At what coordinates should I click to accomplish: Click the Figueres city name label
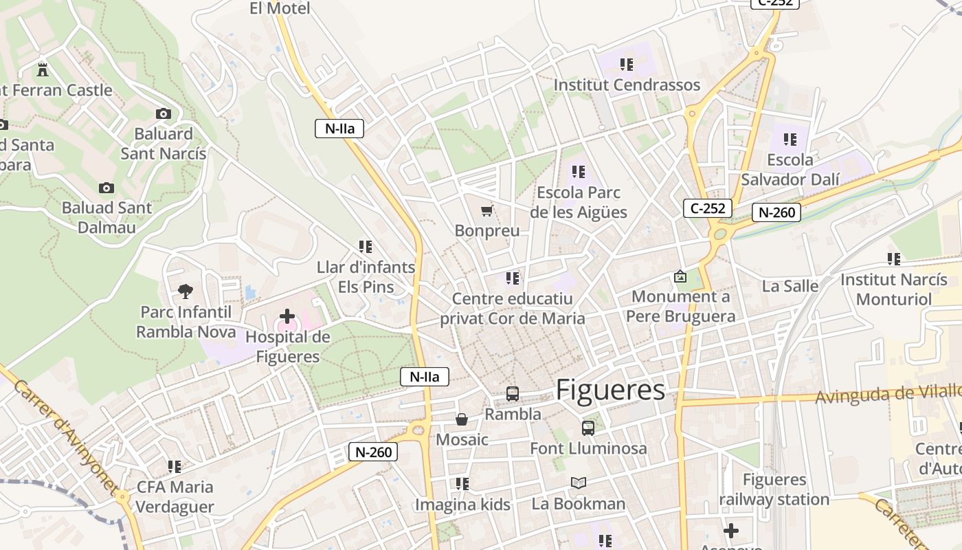(x=610, y=390)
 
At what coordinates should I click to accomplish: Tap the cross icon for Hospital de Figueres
(x=287, y=317)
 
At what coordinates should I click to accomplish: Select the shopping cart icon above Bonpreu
(x=487, y=211)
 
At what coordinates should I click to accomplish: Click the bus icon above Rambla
(x=513, y=394)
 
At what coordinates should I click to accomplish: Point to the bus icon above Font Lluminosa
(x=588, y=428)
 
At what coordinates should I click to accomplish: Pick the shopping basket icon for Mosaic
(x=462, y=419)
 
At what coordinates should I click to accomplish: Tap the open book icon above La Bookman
(x=579, y=483)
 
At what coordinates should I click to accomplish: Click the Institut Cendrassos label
(x=627, y=85)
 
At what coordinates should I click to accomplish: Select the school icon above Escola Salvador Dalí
(x=790, y=140)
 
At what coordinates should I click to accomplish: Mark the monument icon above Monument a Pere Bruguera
(x=680, y=276)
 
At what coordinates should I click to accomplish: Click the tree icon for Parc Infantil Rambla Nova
(x=185, y=291)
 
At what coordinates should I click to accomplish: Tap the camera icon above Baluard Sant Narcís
(x=164, y=113)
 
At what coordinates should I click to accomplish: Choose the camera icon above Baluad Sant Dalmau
(x=106, y=188)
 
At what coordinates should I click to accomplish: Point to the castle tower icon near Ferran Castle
(x=43, y=69)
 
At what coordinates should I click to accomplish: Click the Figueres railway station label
(x=774, y=489)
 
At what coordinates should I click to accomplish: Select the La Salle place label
(x=790, y=286)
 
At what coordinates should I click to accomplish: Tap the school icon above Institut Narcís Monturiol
(x=893, y=259)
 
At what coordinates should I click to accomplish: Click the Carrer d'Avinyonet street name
(x=66, y=436)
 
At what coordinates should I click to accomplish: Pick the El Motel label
(x=280, y=8)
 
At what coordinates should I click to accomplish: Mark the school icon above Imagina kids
(x=462, y=484)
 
